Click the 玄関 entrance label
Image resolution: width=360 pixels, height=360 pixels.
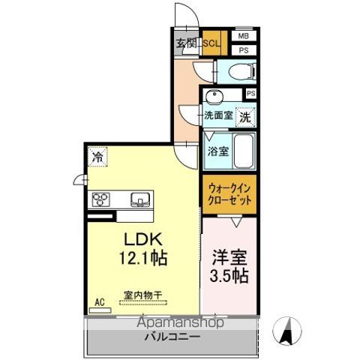[x=184, y=43]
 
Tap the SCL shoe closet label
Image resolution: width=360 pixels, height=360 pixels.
[x=211, y=43]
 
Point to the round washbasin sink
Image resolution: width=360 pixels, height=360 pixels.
[x=214, y=97]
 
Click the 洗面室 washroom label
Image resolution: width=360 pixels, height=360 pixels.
[x=218, y=116]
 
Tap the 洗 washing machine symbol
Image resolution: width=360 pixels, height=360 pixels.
[x=244, y=116]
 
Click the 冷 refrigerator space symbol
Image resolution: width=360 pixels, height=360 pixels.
[x=97, y=157]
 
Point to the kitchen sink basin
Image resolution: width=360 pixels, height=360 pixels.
[x=141, y=199]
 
